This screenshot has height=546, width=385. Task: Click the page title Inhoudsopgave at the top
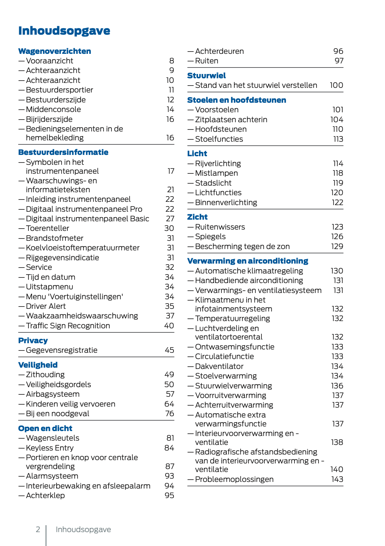click(x=64, y=31)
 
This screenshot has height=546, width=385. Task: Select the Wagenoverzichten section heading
click(x=55, y=51)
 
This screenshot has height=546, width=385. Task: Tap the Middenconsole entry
click(x=53, y=109)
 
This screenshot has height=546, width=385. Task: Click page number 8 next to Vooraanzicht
click(x=172, y=61)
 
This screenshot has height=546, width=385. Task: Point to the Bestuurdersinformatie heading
click(x=63, y=152)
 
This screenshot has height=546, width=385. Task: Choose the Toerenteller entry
click(x=47, y=228)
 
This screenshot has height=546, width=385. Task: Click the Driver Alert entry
click(x=46, y=306)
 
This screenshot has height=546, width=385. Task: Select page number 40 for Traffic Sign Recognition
click(x=169, y=326)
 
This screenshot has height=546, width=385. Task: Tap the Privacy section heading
click(x=33, y=341)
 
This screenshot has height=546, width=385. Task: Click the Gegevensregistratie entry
click(x=61, y=350)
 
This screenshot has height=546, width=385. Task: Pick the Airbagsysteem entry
click(x=53, y=394)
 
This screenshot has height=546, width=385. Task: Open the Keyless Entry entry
click(x=50, y=448)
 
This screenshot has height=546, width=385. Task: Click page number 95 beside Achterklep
click(x=169, y=495)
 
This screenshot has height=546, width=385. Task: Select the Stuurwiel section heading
click(x=207, y=76)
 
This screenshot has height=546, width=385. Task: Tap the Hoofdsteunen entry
click(x=221, y=129)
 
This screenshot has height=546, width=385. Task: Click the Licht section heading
click(x=197, y=154)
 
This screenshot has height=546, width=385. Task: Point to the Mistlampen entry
click(x=216, y=173)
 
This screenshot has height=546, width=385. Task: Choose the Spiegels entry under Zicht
click(x=210, y=237)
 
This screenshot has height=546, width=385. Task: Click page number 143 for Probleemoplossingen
click(x=337, y=479)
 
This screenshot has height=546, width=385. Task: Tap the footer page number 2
click(x=38, y=529)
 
